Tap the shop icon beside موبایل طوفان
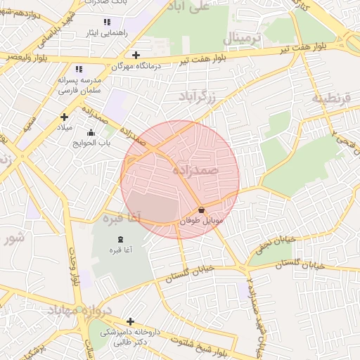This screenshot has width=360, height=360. coord(202,210)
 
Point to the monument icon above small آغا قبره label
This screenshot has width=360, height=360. coord(117,240)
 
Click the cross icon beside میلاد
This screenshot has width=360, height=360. coord(64,117)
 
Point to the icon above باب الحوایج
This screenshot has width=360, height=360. coord(90,132)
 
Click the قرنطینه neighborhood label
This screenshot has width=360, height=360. coord(331,98)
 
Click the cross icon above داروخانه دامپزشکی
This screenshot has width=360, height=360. coord(129,321)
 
